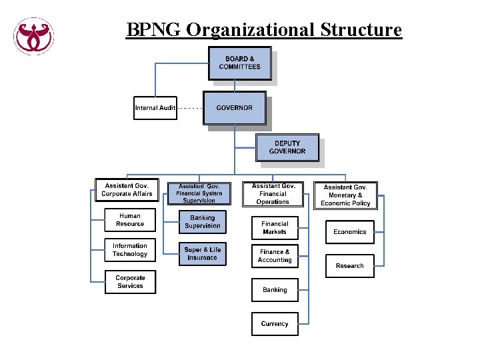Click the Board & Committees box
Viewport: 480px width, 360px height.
[240, 63]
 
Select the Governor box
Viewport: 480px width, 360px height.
[234, 108]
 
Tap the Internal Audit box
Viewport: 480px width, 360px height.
[155, 108]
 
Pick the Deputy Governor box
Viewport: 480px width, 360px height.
[287, 147]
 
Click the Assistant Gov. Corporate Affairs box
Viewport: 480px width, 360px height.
[127, 190]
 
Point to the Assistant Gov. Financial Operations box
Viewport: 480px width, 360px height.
[273, 194]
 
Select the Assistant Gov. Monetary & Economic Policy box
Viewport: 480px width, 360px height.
[345, 195]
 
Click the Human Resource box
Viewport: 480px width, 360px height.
[130, 220]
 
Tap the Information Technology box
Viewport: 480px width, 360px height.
[130, 250]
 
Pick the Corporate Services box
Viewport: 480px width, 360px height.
[130, 282]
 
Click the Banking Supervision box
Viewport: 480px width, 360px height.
[202, 222]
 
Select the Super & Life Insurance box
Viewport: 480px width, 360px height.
[202, 254]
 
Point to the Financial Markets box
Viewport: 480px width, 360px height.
[275, 228]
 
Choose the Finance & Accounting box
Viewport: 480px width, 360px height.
[275, 256]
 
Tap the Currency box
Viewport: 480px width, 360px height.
[275, 324]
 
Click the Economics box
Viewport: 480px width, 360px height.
[350, 232]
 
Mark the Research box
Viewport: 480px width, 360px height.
[350, 266]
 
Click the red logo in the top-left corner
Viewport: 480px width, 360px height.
[34, 36]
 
